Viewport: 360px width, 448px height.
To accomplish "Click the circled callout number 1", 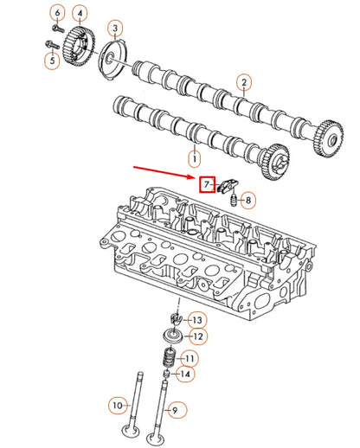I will coord(194,159).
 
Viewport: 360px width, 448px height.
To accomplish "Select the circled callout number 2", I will coord(245,83).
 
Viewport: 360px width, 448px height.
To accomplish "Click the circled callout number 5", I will coord(51,60).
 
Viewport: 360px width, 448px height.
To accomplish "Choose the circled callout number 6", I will coord(57,13).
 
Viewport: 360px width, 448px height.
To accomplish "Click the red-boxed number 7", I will coord(207,184).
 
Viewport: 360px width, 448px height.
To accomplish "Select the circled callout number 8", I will coord(248,202).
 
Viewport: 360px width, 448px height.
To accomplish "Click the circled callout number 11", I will coord(190,358).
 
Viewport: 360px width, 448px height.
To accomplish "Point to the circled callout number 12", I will coord(197,336).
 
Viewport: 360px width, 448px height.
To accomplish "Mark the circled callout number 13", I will coord(197,320).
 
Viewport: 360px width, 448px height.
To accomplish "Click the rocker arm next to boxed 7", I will coord(227,183).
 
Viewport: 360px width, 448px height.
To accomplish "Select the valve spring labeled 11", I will coord(170,356).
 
